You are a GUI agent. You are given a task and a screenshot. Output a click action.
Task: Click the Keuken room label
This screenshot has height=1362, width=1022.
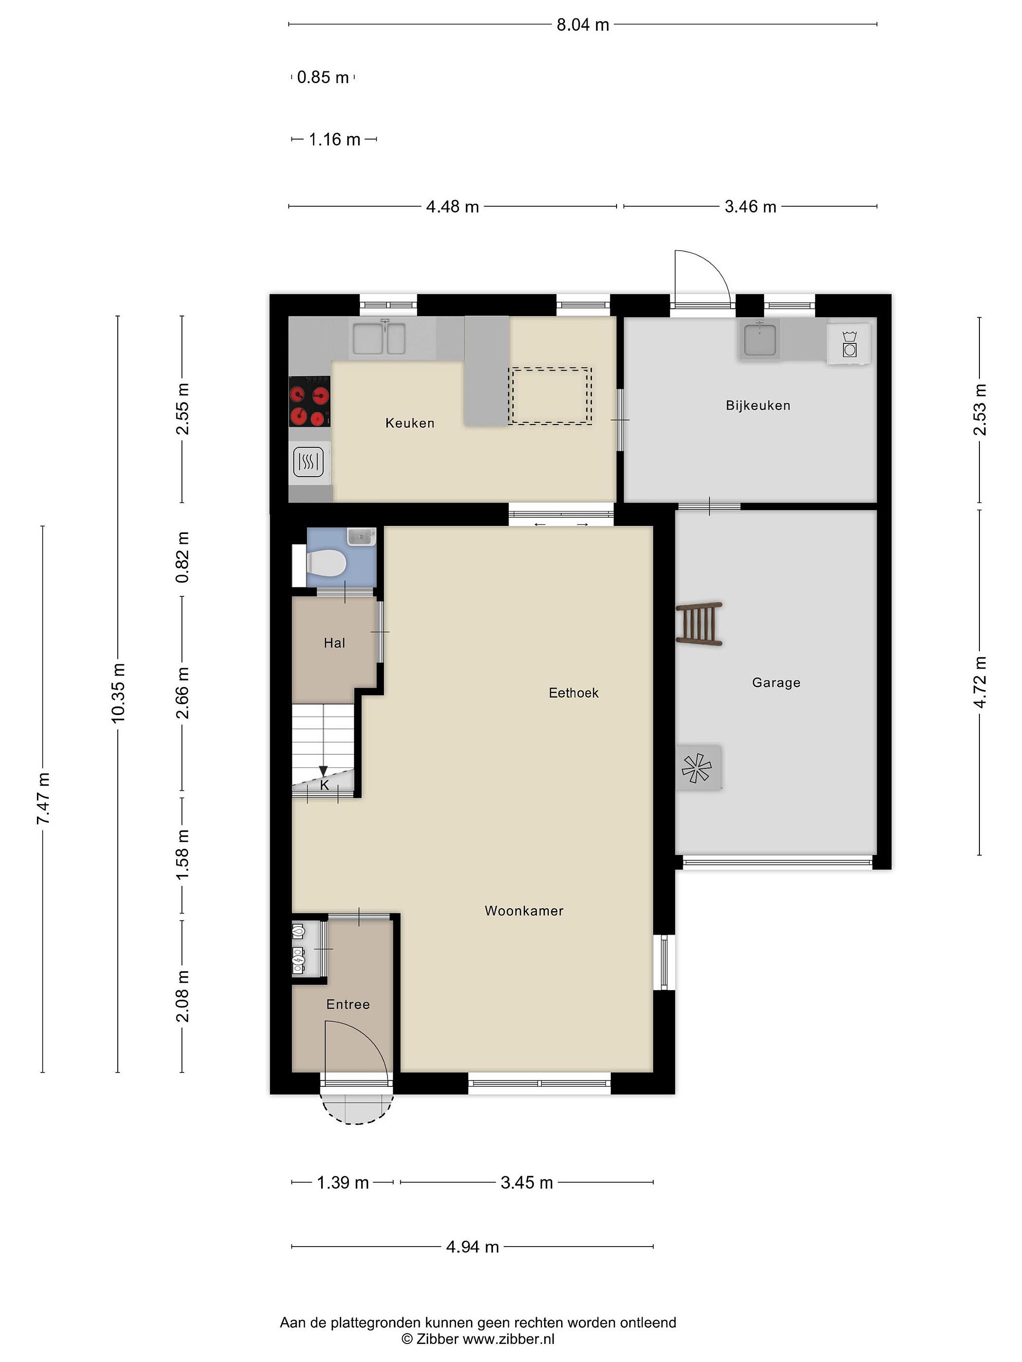(410, 423)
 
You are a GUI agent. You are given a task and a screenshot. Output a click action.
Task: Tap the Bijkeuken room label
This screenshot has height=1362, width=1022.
(758, 405)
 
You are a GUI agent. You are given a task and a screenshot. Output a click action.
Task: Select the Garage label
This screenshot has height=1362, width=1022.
(776, 682)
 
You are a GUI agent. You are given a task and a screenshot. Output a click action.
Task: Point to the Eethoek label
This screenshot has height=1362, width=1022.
(573, 693)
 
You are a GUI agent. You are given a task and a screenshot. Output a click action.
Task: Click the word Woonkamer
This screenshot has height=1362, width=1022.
(524, 911)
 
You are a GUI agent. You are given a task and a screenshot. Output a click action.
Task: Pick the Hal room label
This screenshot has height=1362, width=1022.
(335, 643)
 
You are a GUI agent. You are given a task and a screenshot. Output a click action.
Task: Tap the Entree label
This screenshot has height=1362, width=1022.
(348, 1004)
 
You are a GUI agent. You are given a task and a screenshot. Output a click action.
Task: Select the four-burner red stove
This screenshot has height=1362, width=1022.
(310, 401)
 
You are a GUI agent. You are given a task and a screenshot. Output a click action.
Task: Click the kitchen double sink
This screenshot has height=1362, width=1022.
(379, 338)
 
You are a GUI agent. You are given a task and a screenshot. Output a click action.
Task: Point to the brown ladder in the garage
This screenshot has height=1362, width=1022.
(699, 623)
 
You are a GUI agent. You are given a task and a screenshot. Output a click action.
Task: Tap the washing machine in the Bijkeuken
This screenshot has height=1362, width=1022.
(849, 344)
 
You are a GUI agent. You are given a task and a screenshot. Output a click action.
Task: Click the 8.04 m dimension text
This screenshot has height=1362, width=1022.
(583, 25)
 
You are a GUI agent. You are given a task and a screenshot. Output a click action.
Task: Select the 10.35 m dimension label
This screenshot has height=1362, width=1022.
(118, 693)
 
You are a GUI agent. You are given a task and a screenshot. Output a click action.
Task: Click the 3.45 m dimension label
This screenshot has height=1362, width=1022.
(527, 1182)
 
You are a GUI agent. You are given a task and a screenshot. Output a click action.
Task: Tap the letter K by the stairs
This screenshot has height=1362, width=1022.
(325, 785)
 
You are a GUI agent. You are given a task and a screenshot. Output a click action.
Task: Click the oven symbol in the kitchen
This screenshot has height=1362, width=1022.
(309, 461)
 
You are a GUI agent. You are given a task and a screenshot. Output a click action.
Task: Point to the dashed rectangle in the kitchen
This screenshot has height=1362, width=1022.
(550, 396)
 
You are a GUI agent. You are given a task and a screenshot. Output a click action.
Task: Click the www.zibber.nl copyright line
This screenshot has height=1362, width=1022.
(478, 1339)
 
